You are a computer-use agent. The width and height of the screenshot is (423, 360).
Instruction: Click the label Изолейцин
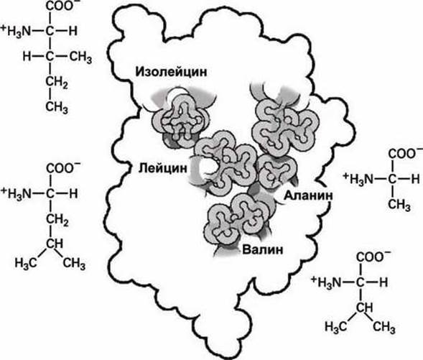click(x=172, y=72)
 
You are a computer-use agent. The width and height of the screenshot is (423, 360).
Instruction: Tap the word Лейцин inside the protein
click(x=163, y=168)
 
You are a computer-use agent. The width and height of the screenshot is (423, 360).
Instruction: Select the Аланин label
click(x=308, y=195)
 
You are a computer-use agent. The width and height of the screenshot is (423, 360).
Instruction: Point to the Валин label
click(x=263, y=249)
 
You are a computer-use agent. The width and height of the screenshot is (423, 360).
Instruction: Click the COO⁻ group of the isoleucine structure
click(x=60, y=6)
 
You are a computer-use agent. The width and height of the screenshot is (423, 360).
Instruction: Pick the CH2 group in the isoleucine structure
click(x=57, y=83)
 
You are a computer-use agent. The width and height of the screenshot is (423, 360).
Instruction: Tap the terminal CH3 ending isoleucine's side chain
click(x=57, y=108)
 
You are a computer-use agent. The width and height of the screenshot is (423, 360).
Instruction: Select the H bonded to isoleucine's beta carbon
click(x=27, y=57)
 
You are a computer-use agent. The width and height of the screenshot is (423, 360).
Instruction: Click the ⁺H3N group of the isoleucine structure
click(x=17, y=32)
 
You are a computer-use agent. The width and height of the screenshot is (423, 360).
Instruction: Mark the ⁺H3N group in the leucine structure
click(x=17, y=193)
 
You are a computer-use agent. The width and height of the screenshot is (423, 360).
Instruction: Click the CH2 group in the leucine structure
click(x=57, y=220)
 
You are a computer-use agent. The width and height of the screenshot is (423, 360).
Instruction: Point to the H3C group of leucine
click(x=26, y=262)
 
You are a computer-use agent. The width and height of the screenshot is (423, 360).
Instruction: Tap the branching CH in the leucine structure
click(x=55, y=244)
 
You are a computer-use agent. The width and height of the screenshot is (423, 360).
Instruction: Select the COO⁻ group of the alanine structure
click(x=402, y=154)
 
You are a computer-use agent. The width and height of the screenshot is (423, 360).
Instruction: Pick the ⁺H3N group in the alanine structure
click(x=358, y=179)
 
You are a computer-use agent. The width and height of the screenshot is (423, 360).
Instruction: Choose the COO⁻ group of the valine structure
click(x=371, y=257)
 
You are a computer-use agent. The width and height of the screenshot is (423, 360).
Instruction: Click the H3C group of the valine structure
click(x=335, y=327)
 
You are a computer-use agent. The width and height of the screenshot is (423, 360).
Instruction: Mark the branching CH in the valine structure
click(x=365, y=308)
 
